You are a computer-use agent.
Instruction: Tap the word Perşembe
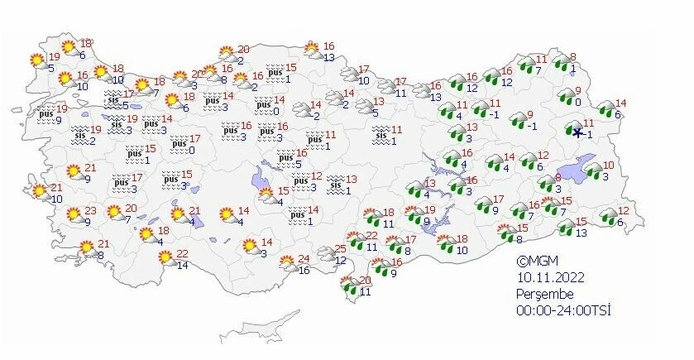(542, 294)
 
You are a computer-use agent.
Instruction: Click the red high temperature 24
(304, 259)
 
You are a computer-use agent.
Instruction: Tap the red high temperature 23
(90, 210)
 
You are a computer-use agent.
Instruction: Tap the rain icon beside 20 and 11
(347, 286)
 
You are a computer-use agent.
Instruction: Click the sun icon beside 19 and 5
(36, 61)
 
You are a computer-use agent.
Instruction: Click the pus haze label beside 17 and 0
(177, 144)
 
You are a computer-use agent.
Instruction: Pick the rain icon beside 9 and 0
(567, 97)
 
